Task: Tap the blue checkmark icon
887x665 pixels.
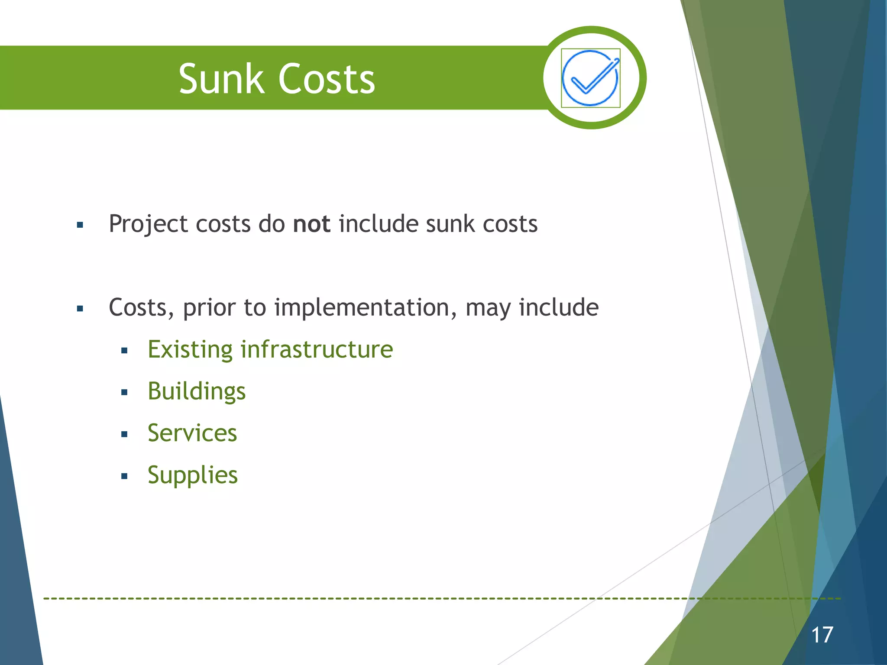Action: click(x=590, y=78)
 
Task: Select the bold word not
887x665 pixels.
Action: click(x=311, y=224)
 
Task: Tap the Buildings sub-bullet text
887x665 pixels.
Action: click(x=197, y=391)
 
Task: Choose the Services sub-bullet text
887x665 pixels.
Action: click(x=192, y=433)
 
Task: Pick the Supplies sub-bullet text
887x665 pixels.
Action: click(x=193, y=475)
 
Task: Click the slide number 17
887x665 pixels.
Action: click(x=822, y=635)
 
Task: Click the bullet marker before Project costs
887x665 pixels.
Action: click(x=80, y=225)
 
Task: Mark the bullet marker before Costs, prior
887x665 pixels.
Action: click(x=80, y=309)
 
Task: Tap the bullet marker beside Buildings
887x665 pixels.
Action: click(x=124, y=393)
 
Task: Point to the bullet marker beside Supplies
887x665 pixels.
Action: click(x=124, y=477)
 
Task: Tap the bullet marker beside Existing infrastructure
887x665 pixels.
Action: click(x=124, y=351)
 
